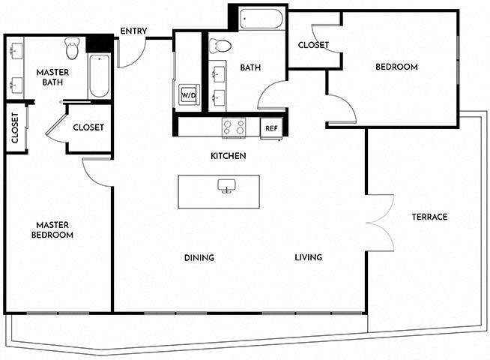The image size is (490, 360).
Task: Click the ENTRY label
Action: [133, 31]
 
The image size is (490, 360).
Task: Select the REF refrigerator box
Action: [271, 128]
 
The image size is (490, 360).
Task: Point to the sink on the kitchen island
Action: [226, 185]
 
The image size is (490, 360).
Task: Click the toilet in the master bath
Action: [72, 49]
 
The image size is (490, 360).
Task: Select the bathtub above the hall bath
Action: [261, 19]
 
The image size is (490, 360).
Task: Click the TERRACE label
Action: [429, 217]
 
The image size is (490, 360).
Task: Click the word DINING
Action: [199, 257]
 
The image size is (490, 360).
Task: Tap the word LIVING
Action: [308, 257]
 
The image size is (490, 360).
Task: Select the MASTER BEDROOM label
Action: [53, 229]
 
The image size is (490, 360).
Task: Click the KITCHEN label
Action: [229, 156]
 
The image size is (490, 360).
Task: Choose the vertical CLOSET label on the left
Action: [15, 127]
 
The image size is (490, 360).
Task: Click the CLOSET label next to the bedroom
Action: [313, 45]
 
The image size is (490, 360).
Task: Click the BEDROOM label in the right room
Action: [396, 67]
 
